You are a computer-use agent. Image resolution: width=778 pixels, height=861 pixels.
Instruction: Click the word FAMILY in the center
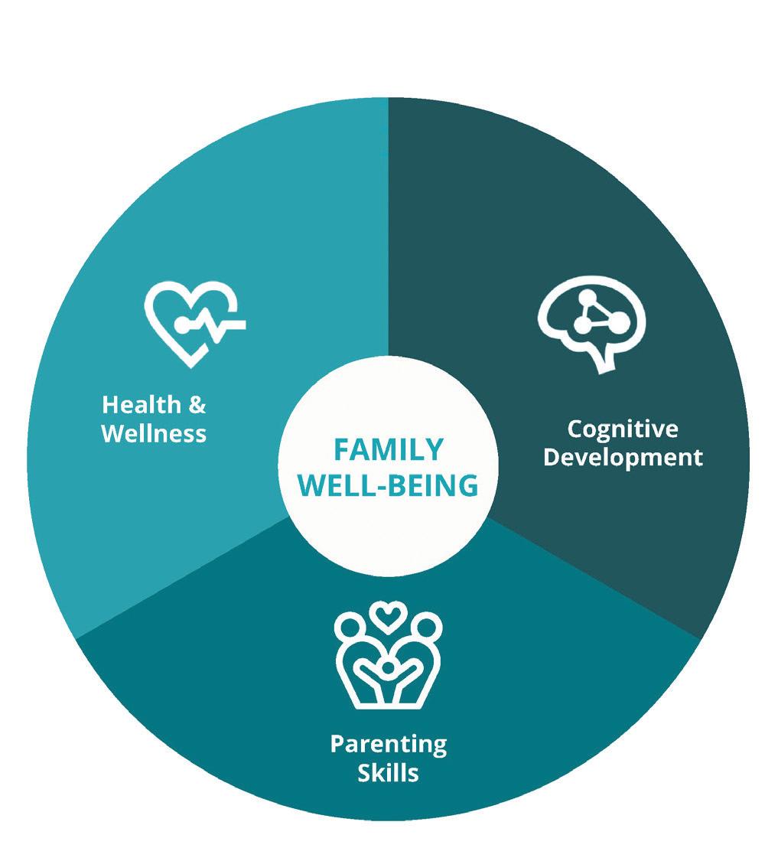point(389,449)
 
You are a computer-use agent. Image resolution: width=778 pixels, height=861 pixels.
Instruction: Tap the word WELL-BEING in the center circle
point(389,485)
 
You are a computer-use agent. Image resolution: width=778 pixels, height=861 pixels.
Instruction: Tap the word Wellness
point(154,434)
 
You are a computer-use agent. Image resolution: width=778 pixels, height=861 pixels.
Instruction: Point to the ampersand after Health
point(197,405)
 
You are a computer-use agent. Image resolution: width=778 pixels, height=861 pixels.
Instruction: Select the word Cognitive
point(622,429)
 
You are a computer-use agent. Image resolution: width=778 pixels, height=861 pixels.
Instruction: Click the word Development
point(622,458)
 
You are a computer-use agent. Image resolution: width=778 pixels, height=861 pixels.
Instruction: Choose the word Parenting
point(388,743)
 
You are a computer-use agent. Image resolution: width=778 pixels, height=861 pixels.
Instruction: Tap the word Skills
point(388,772)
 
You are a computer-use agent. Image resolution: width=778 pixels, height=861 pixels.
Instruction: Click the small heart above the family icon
point(388,615)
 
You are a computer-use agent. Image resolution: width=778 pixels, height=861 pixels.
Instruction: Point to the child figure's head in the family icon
point(388,668)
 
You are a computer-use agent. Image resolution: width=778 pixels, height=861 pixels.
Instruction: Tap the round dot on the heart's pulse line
point(181,325)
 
